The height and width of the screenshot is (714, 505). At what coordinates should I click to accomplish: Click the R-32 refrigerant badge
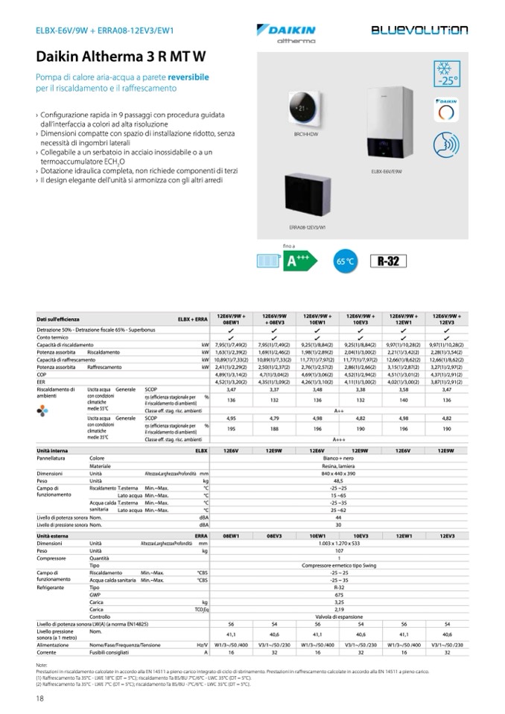[389, 261]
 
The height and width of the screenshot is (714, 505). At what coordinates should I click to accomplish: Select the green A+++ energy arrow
[302, 261]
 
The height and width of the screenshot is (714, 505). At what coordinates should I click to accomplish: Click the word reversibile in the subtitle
[188, 77]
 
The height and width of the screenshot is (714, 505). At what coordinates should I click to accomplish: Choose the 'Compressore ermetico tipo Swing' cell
[339, 565]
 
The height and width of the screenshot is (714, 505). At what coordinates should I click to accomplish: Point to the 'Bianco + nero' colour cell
[339, 458]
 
